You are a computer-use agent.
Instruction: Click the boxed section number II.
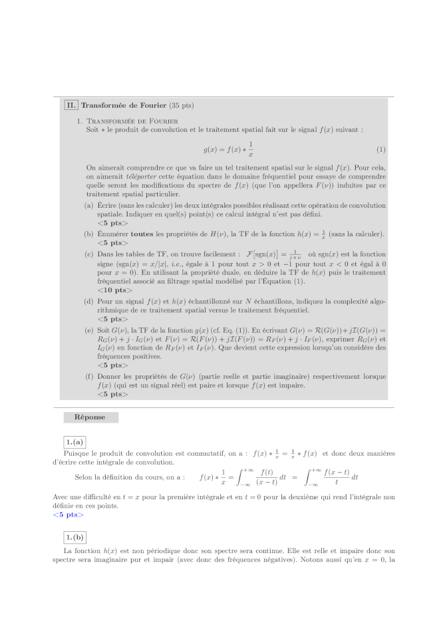(x=71, y=105)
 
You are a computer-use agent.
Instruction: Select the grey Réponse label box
(x=90, y=417)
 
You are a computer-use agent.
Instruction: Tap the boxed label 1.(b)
(x=75, y=537)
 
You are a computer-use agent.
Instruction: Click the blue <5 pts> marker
(x=68, y=514)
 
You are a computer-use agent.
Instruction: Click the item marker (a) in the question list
(x=88, y=206)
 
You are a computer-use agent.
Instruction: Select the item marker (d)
(x=88, y=301)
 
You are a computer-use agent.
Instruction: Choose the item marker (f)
(x=88, y=376)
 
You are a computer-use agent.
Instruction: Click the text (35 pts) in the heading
(x=182, y=105)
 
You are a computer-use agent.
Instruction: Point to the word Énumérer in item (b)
(x=113, y=234)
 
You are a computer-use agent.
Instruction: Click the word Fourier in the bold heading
(x=152, y=105)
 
